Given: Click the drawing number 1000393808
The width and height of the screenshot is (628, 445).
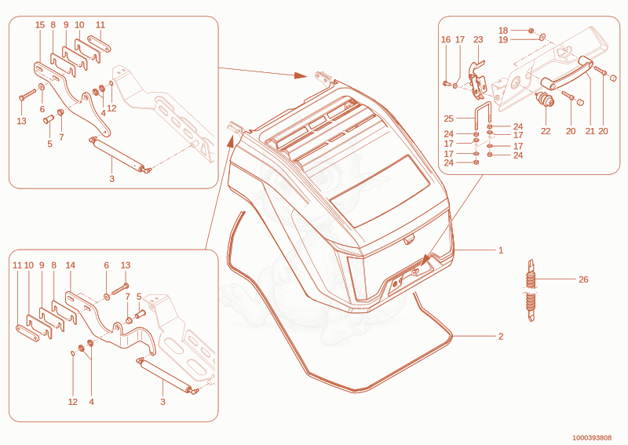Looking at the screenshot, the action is (592, 438).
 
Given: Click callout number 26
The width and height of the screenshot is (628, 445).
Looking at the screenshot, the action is (583, 279).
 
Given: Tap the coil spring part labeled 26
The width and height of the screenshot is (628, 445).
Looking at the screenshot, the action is (531, 291).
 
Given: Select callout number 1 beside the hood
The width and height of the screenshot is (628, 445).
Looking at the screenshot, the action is (501, 250).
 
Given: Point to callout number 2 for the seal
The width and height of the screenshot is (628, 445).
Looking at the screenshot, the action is (501, 337).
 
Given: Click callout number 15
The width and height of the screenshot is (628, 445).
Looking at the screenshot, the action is (40, 25).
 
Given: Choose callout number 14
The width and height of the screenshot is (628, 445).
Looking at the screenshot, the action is (70, 265).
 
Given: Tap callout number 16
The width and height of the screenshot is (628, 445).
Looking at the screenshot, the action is (446, 40).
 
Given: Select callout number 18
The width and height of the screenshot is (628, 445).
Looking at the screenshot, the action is (503, 31).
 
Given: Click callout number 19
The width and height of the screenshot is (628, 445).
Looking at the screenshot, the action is (503, 40).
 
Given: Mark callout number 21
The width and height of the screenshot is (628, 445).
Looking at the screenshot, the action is (590, 131).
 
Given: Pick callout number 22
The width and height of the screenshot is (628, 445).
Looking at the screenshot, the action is (546, 131).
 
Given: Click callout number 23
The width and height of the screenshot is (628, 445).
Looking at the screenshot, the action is (478, 40).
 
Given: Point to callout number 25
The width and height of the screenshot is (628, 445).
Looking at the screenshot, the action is (448, 119).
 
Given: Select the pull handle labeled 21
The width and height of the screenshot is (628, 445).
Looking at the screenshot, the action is (567, 73).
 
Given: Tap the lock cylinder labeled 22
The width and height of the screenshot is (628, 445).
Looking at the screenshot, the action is (545, 99).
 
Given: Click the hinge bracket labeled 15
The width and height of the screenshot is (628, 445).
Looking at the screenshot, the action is (72, 96).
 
